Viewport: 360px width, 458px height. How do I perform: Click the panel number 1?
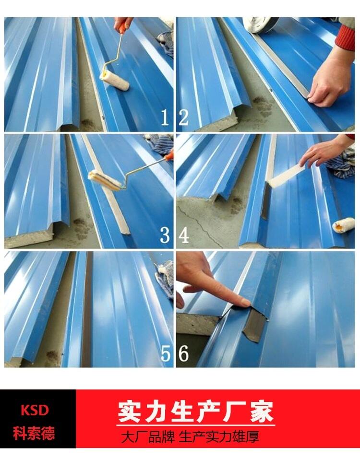pos(165,117)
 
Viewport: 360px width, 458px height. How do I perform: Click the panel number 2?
pos(184,117)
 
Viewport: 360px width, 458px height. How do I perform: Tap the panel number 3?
pos(165,235)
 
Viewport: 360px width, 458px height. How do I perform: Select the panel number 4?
pos(184,235)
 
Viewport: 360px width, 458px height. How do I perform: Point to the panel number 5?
pos(165,353)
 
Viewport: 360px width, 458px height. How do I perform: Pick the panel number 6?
pos(184,353)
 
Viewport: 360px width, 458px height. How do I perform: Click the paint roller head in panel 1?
pos(114,80)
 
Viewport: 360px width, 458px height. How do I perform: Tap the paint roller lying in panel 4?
pos(343,225)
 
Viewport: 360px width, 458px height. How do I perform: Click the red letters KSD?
pos(35,411)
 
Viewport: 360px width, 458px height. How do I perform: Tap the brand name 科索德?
pos(34,433)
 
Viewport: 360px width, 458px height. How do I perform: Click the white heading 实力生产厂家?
pos(195,412)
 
